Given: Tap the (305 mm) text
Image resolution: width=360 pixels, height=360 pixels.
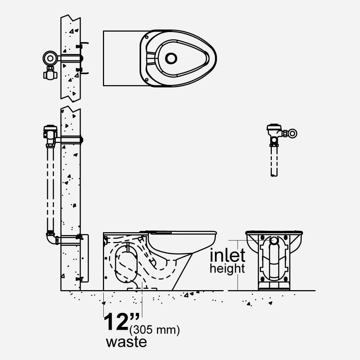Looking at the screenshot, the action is pyautogui.click(x=154, y=330).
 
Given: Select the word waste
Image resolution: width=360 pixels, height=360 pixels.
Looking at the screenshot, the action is pyautogui.click(x=126, y=342).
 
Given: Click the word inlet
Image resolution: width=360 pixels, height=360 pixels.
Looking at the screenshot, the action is pyautogui.click(x=228, y=256).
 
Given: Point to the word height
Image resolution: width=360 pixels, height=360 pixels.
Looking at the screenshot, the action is pyautogui.click(x=227, y=269).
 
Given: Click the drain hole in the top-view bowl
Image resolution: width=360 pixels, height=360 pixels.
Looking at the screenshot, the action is pyautogui.click(x=171, y=58).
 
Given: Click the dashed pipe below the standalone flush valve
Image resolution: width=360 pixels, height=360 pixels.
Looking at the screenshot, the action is pyautogui.click(x=274, y=161).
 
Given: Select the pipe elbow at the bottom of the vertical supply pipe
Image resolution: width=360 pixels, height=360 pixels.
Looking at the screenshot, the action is pyautogui.click(x=52, y=239).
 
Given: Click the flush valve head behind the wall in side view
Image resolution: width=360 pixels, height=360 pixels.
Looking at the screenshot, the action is pyautogui.click(x=50, y=135).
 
